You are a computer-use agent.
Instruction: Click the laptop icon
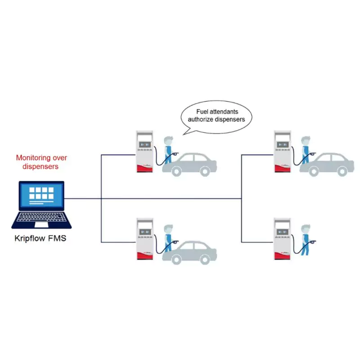[41, 205]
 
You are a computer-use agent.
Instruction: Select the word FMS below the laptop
[58, 238]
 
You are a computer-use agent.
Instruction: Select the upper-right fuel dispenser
[282, 151]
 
